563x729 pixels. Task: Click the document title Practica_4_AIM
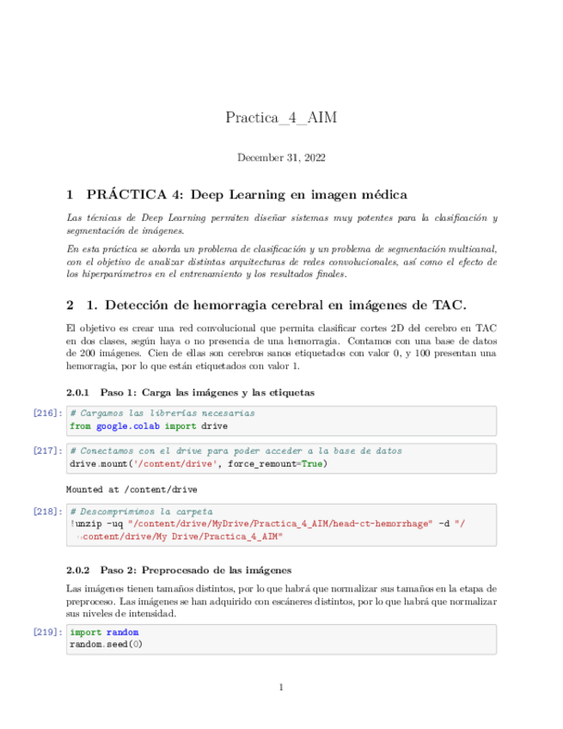tap(281, 117)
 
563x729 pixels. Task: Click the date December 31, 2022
tap(281, 157)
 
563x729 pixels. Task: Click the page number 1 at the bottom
tap(281, 687)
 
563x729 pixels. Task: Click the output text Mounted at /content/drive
tap(132, 489)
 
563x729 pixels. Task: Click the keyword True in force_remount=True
tap(314, 463)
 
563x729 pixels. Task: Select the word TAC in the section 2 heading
tap(444, 305)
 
